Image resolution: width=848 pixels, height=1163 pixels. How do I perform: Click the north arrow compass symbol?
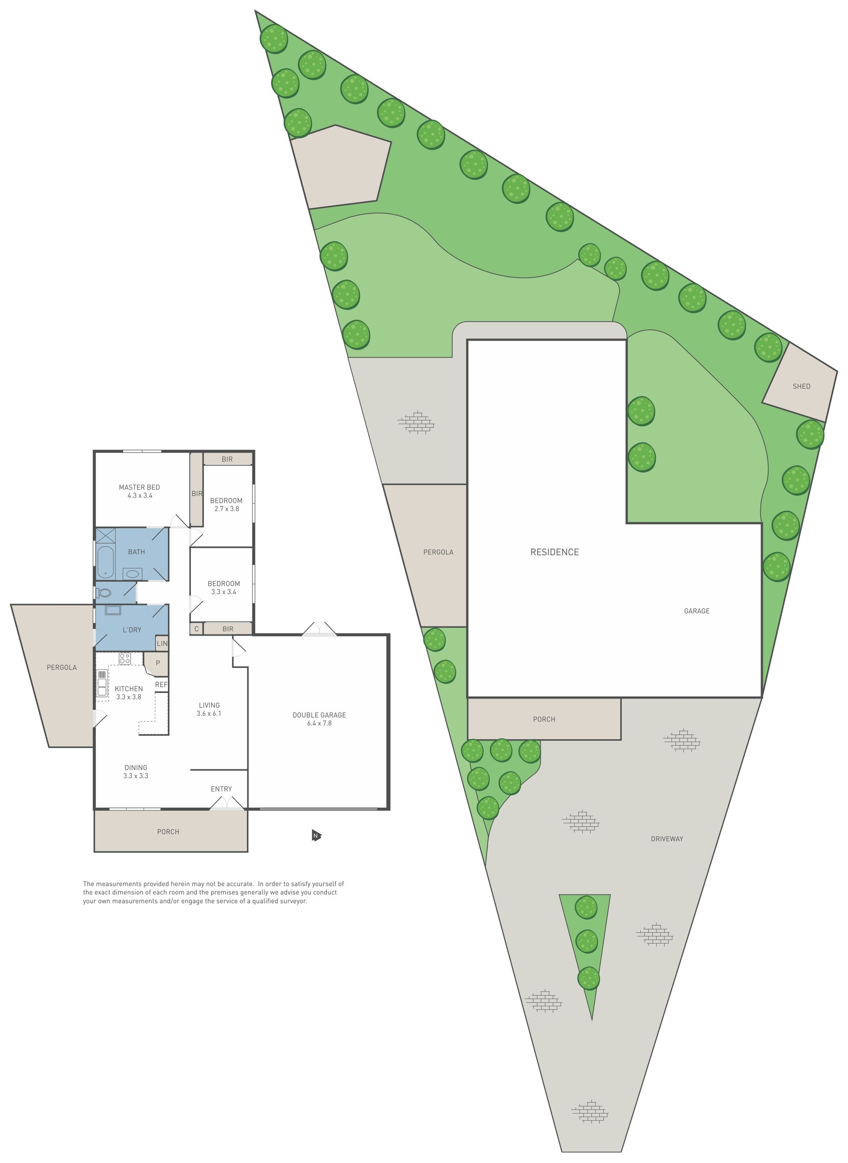(316, 836)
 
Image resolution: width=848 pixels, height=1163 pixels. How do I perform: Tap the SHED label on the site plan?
(801, 386)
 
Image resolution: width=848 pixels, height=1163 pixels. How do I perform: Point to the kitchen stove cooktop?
(124, 658)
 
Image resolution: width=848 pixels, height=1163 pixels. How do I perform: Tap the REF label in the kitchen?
(161, 685)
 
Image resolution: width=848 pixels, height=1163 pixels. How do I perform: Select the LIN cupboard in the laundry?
(162, 644)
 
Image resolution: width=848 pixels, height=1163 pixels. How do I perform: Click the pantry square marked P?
(156, 663)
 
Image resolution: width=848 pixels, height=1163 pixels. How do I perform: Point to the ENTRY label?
(221, 789)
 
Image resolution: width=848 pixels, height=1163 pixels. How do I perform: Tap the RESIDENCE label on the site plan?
(554, 552)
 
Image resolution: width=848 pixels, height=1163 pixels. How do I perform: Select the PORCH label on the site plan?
(544, 719)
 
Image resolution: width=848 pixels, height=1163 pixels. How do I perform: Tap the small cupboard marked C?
(196, 629)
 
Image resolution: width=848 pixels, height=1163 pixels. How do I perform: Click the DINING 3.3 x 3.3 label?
(136, 772)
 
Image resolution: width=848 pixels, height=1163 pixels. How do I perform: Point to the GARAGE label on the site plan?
(697, 611)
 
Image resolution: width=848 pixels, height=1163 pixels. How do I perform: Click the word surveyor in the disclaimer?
(293, 901)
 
